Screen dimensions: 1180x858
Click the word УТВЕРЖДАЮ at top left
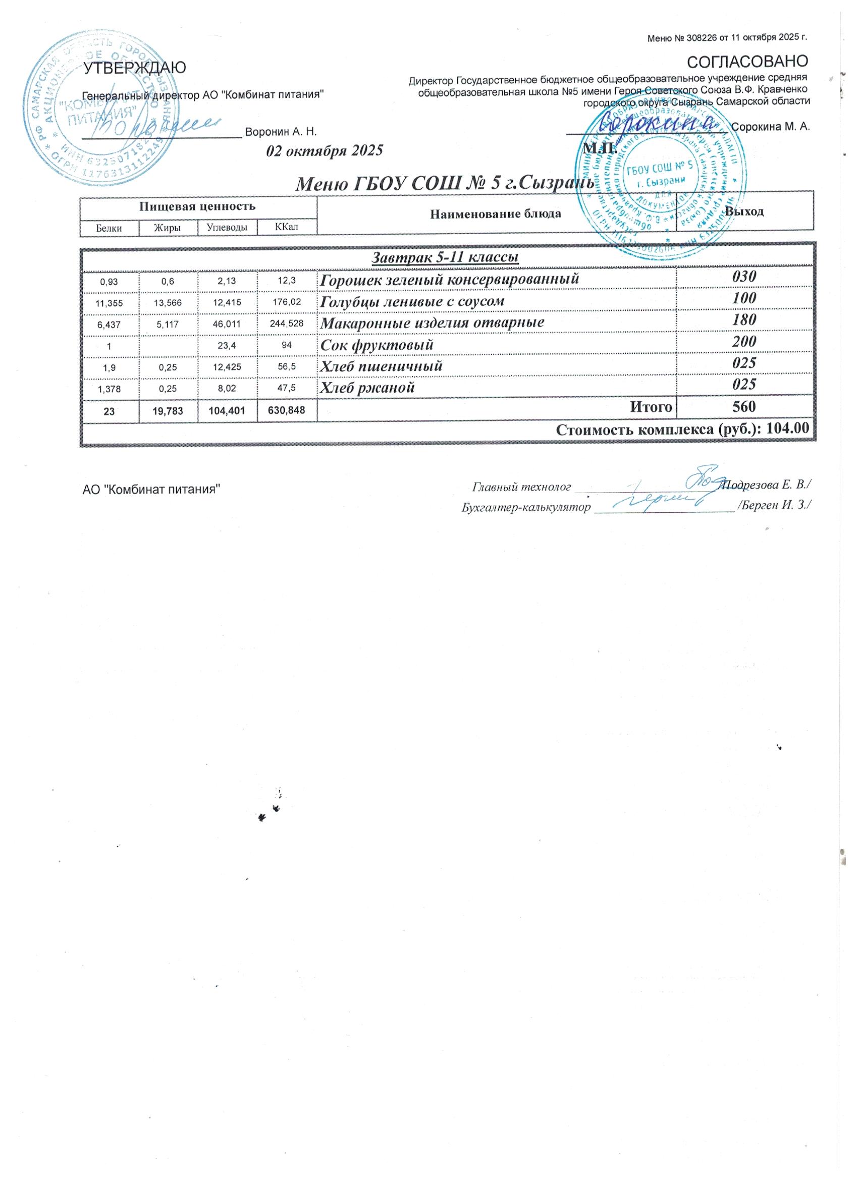[135, 68]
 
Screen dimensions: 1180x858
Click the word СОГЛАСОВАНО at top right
[747, 61]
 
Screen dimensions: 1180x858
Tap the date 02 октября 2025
[324, 150]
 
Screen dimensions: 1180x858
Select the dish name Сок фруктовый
[376, 344]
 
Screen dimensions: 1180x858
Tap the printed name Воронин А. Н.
[281, 132]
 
